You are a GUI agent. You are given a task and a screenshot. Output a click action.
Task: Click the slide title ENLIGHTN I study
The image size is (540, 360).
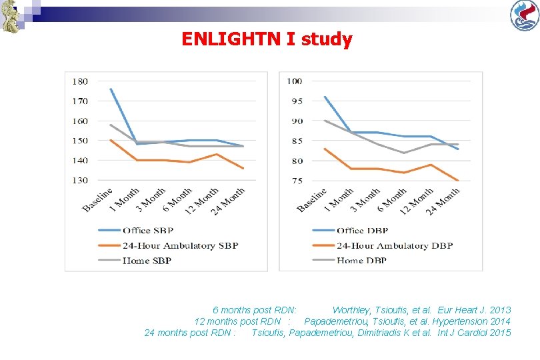pos(267,39)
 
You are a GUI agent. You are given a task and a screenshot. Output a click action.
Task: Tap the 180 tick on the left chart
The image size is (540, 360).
pos(80,81)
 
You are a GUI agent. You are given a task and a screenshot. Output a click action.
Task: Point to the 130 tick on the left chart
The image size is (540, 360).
pos(80,180)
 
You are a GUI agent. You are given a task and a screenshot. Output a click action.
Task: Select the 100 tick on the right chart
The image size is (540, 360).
pos(295,81)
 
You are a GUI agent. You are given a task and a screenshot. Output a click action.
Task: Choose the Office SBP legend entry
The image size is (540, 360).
pos(136,231)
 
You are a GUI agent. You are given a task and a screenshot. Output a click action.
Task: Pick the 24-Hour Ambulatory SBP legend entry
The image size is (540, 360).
pos(168,245)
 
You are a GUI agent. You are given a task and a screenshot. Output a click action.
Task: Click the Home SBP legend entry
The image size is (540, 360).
pos(135,261)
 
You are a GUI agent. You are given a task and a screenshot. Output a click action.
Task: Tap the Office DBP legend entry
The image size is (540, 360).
pos(350,231)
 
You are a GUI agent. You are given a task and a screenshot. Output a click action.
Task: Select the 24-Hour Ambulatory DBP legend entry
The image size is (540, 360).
pos(383,245)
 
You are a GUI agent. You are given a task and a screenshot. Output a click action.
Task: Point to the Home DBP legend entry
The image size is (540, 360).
pos(349,261)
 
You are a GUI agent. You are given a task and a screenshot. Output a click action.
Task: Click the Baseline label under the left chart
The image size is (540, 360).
pos(97,199)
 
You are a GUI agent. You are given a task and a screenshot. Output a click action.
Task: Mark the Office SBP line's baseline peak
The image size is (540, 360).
pos(111,89)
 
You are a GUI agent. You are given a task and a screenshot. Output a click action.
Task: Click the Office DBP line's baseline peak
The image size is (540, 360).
pos(325,97)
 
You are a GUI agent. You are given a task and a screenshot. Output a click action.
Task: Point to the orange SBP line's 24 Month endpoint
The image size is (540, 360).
pos(243,169)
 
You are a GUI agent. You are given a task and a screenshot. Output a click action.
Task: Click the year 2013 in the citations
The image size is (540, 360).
pos(500,310)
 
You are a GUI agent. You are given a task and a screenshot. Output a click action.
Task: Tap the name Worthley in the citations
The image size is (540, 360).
pos(351,311)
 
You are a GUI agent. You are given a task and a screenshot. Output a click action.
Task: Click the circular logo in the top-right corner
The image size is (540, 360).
pos(525,15)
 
